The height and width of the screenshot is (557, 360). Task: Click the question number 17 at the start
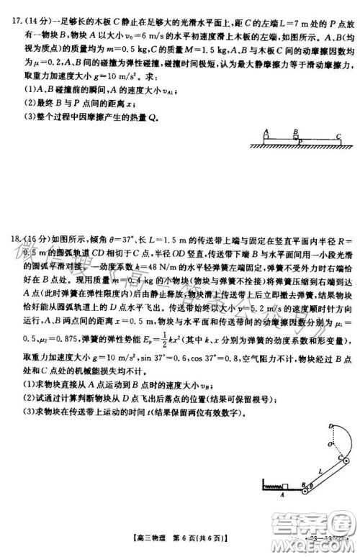(x=9, y=12)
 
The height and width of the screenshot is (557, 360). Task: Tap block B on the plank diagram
(x=296, y=138)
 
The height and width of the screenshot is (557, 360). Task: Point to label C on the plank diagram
(x=337, y=135)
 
